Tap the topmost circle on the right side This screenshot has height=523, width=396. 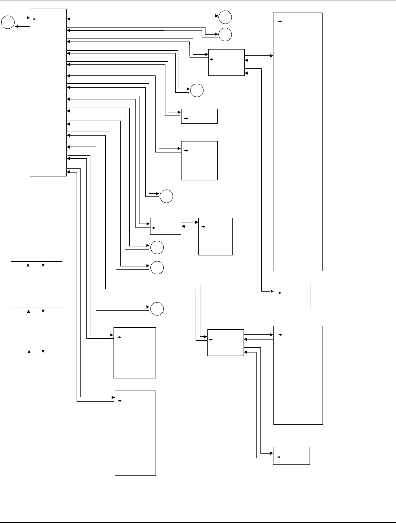(x=225, y=17)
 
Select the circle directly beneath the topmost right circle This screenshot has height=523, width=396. (x=225, y=35)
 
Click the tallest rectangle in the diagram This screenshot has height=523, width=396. (x=298, y=141)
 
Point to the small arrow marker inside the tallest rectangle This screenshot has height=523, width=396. (x=280, y=22)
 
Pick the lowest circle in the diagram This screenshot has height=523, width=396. (x=157, y=309)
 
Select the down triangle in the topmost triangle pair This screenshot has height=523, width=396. (x=43, y=266)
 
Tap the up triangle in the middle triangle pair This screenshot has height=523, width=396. (x=29, y=312)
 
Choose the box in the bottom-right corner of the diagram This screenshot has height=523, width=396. (x=291, y=455)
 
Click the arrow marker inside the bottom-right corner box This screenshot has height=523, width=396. (x=279, y=457)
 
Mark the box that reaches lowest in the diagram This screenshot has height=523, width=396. (x=135, y=433)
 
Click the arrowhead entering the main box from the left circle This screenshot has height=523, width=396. (x=28, y=18)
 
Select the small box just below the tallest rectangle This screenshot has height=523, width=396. (x=292, y=296)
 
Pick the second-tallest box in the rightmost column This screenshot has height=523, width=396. (x=298, y=375)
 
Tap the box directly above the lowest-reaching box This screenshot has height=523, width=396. (x=135, y=352)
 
